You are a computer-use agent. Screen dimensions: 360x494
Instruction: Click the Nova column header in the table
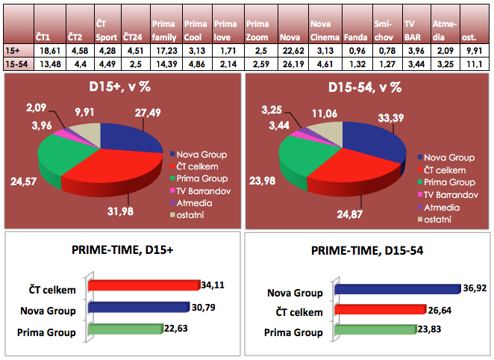(289, 36)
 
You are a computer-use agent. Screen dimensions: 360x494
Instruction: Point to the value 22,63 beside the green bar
(176, 329)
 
